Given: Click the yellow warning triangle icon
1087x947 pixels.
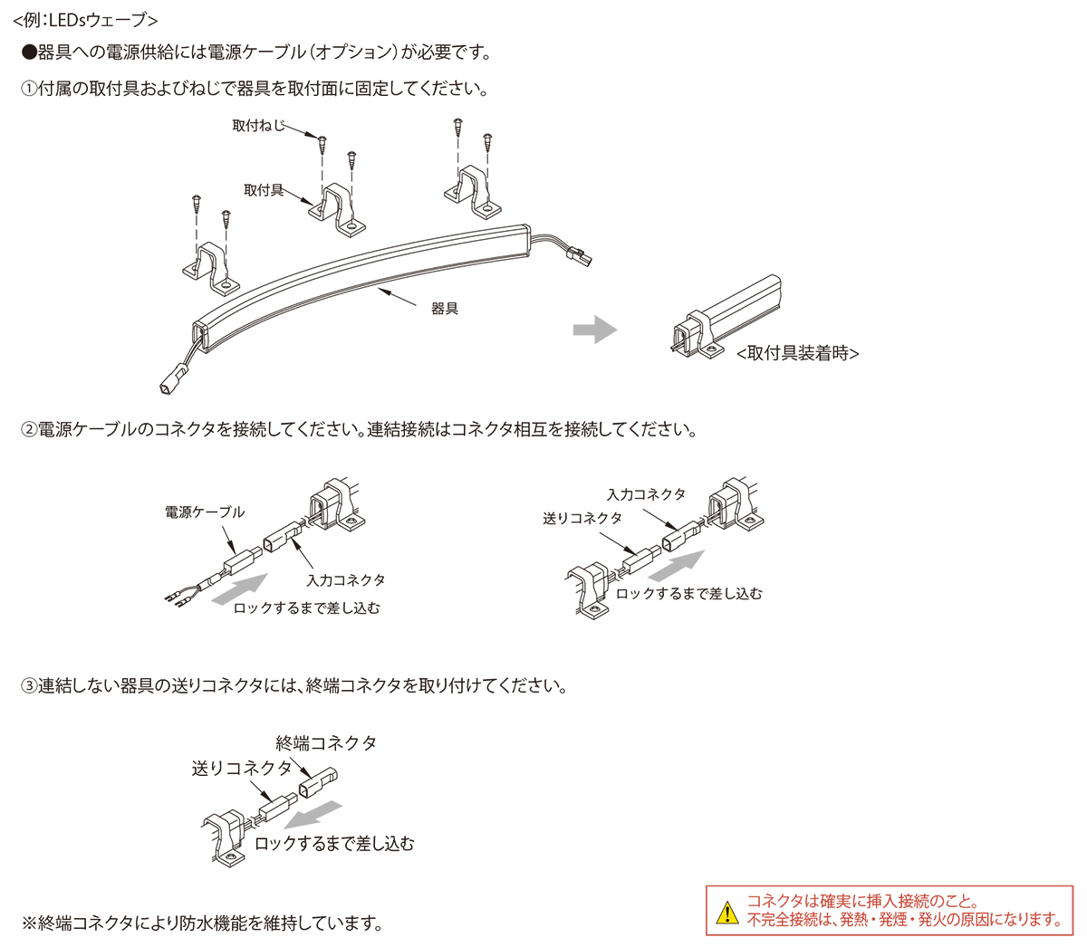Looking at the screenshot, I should (726, 913).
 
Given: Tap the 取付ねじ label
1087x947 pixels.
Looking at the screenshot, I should (258, 126).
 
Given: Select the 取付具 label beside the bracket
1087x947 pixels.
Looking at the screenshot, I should (264, 190).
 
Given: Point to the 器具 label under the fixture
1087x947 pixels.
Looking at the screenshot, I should (445, 309).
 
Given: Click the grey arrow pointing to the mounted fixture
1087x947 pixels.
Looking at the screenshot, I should (594, 330).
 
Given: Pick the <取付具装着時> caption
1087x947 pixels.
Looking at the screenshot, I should (797, 353).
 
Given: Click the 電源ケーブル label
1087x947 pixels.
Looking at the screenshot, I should (205, 512).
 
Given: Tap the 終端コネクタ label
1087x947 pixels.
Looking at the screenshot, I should (326, 743).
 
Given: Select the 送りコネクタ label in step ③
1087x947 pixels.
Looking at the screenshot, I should (242, 769).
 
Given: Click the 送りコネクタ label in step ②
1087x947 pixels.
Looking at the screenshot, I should (582, 518).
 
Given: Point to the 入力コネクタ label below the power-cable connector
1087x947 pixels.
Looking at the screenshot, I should (345, 579).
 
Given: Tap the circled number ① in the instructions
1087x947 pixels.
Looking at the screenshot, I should (29, 89).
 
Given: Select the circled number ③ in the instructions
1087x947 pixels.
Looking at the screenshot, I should (29, 685).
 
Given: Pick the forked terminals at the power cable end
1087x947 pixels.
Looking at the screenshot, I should (176, 597).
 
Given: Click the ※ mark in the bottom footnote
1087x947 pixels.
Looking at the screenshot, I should (29, 923).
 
